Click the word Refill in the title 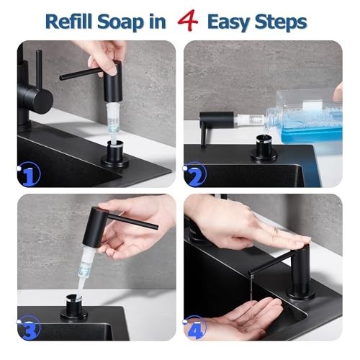click(x=68, y=22)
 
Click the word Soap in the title click(x=120, y=23)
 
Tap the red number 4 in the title click(x=187, y=21)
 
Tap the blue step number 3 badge click(x=29, y=328)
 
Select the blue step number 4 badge click(x=195, y=328)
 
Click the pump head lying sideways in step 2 click(x=217, y=120)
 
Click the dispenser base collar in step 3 click(x=74, y=309)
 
